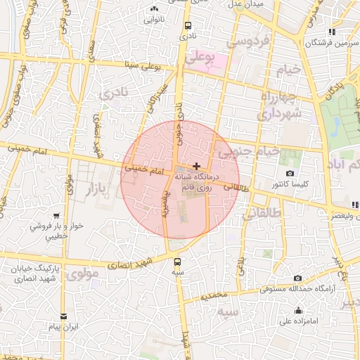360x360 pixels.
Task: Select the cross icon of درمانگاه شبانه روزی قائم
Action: (195, 165)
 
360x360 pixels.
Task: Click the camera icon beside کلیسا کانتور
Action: (290, 174)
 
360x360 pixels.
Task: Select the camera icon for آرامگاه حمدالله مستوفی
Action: (297, 278)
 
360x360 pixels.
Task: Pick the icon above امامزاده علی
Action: (299, 311)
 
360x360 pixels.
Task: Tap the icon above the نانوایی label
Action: (155, 8)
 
